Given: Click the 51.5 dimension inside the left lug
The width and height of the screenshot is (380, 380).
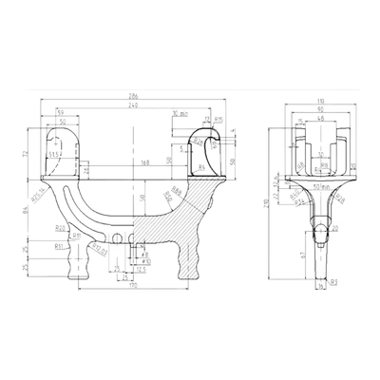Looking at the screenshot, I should point(56,155).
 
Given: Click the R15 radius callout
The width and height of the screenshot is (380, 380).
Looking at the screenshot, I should point(218,121).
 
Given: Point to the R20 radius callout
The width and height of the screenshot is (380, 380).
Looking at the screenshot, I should point(59,228).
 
